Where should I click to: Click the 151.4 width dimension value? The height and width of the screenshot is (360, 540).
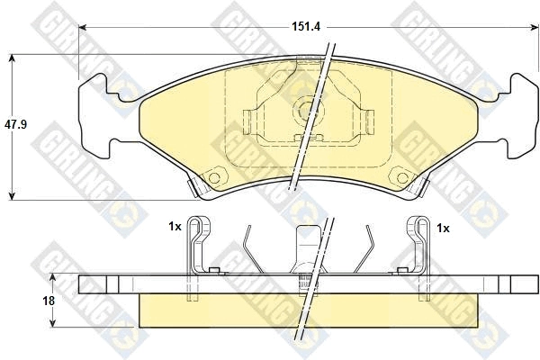pyautogui.click(x=306, y=26)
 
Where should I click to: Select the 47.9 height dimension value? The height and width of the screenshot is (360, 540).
pyautogui.click(x=15, y=124)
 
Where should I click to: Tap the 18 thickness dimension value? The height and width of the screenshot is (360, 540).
pyautogui.click(x=49, y=301)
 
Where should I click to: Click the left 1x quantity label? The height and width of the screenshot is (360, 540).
pyautogui.click(x=175, y=227)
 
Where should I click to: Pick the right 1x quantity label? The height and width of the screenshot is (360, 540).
pyautogui.click(x=443, y=228)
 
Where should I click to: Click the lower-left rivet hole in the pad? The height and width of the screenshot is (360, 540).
pyautogui.click(x=214, y=178)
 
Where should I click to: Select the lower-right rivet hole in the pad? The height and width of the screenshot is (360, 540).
pyautogui.click(x=402, y=178)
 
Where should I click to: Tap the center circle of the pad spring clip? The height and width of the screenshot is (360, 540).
pyautogui.click(x=309, y=111)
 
